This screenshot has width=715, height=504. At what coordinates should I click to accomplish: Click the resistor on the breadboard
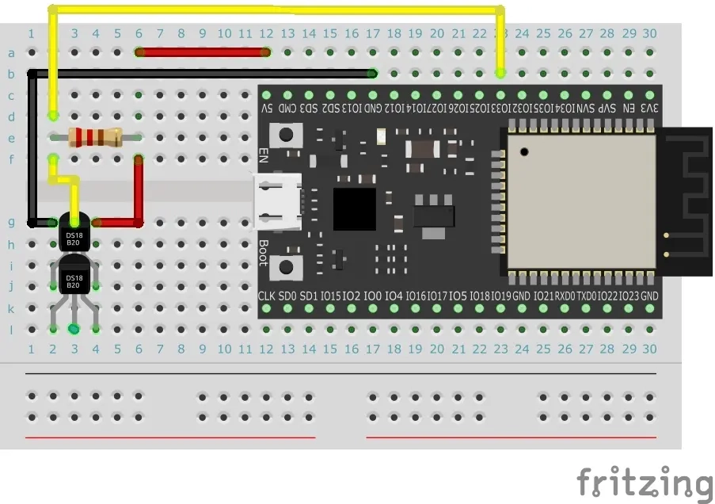coord(95,137)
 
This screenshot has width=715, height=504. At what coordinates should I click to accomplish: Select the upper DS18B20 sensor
coord(74,235)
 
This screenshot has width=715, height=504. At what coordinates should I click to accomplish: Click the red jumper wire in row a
coord(203,53)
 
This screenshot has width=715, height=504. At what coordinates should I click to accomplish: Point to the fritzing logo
coord(644,483)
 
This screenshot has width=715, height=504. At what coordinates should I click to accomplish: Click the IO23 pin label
coord(629,296)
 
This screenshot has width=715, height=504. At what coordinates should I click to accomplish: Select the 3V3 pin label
coord(649,107)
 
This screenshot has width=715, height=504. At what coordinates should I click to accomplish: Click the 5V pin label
coord(268,107)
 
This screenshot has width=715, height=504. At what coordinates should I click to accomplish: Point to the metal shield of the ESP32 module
coord(581,200)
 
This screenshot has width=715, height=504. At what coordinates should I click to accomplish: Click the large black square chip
coord(355,208)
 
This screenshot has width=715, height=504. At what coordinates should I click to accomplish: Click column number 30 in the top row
coord(649,33)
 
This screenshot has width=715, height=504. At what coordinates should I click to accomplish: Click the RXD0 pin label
coord(565,296)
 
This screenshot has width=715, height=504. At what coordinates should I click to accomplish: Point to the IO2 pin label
coord(351,296)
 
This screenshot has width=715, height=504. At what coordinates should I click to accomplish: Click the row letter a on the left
coord(11,53)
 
